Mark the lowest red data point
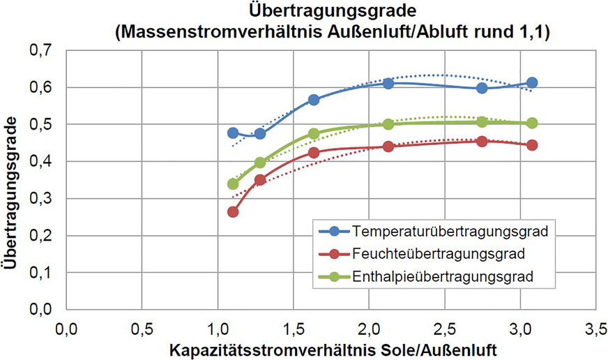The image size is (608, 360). pyautogui.click(x=233, y=211)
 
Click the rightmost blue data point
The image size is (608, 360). pyautogui.click(x=532, y=83)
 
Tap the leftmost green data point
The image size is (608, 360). pyautogui.click(x=233, y=184)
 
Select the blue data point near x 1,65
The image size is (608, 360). pyautogui.click(x=314, y=100)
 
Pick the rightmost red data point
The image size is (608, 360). pyautogui.click(x=532, y=145)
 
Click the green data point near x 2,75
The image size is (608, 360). pyautogui.click(x=482, y=122)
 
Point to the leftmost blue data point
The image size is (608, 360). pyautogui.click(x=233, y=133)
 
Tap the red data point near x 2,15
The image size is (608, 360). pyautogui.click(x=388, y=147)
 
